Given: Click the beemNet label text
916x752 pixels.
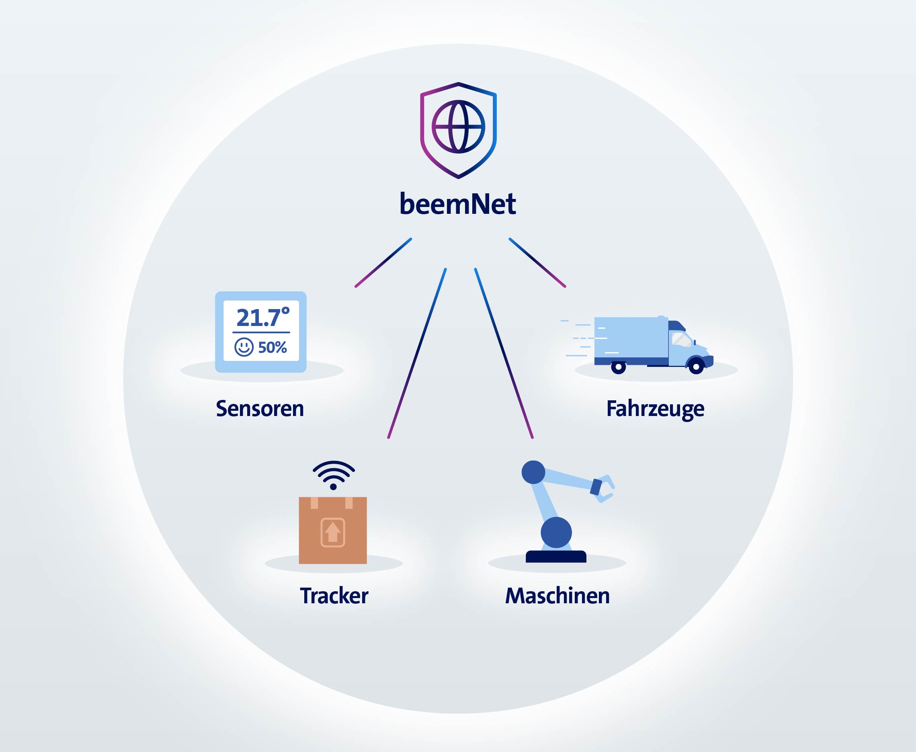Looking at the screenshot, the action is [x=458, y=204].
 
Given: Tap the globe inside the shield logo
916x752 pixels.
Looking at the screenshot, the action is [x=458, y=127].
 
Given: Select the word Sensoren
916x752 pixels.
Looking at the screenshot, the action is [x=260, y=408].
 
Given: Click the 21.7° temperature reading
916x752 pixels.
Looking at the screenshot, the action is [x=263, y=317].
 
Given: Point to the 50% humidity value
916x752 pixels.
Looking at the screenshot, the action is [x=273, y=347].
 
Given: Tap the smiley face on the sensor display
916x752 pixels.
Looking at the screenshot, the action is [x=244, y=347].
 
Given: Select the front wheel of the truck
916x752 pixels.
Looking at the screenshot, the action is [x=696, y=367].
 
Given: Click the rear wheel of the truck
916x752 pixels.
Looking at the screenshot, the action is [x=619, y=367].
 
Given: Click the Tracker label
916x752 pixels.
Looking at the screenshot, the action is [x=334, y=596].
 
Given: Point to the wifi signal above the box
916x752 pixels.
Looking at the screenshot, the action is [x=334, y=474].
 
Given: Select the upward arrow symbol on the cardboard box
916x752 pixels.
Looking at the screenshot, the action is [x=333, y=532].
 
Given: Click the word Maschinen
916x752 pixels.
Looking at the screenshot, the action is [x=557, y=596].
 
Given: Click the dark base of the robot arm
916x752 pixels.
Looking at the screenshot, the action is [x=556, y=557].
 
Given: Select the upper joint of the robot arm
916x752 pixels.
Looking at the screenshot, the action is [x=533, y=472].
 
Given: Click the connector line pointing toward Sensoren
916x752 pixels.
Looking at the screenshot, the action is [x=383, y=262].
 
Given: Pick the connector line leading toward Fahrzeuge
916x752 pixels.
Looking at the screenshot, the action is [x=537, y=262].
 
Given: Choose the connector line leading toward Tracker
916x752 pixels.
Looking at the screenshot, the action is [x=417, y=353].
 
